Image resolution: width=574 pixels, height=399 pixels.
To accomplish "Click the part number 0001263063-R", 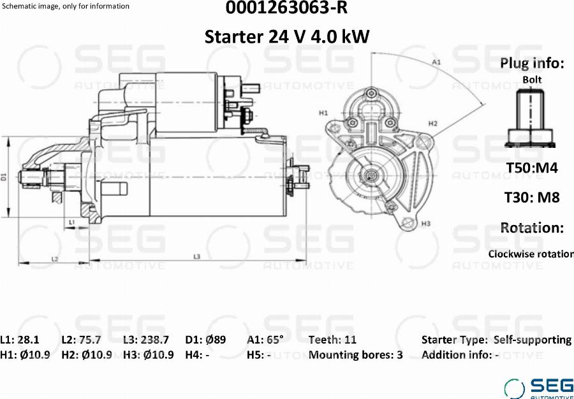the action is (x=286, y=8).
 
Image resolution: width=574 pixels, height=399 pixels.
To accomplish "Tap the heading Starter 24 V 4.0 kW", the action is (x=286, y=36).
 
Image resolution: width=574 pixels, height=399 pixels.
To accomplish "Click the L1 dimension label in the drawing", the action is (x=72, y=222).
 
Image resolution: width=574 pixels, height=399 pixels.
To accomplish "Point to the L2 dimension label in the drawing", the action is (x=55, y=259).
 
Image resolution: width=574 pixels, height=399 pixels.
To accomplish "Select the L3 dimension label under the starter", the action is (x=197, y=257).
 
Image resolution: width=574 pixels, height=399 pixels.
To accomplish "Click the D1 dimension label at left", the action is (x=4, y=177).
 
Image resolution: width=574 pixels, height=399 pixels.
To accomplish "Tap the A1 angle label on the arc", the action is (x=436, y=62).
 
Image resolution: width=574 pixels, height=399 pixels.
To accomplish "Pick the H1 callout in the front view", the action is (x=323, y=113).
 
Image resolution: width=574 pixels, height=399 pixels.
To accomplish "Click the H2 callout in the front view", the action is (x=433, y=124).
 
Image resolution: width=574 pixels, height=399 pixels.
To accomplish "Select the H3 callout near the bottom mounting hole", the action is (x=426, y=223).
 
